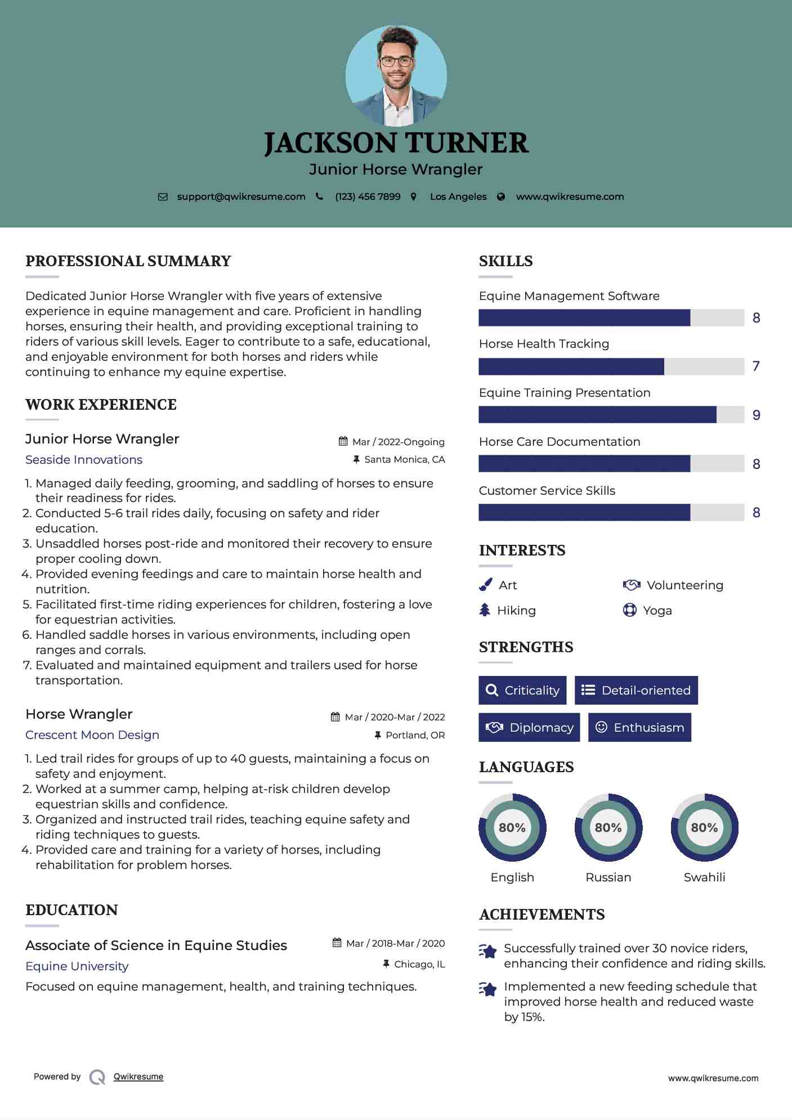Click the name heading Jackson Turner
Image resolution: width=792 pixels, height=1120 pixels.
coord(396,143)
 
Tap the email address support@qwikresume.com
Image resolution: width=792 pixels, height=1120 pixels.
coord(241,196)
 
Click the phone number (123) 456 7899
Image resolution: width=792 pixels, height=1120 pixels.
coord(368,196)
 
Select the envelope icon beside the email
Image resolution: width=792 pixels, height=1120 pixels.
coord(163,197)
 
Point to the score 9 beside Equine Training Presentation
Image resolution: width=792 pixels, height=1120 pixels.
coord(756,415)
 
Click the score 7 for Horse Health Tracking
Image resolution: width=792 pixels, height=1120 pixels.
coord(756,366)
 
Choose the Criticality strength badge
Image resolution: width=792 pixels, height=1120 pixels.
coord(522,690)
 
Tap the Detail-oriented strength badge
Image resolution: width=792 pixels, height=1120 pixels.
coord(636,690)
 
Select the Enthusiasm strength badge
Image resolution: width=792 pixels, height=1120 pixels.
coord(639,727)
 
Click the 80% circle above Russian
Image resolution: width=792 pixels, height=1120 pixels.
coord(608,827)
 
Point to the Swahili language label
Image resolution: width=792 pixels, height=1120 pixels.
coord(704,877)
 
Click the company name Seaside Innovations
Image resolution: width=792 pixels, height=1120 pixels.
coord(84,460)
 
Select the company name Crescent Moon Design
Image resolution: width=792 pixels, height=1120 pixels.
coord(92,735)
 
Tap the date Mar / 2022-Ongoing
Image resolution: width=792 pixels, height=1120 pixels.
coord(398,442)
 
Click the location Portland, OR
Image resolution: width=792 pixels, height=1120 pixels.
coord(415,735)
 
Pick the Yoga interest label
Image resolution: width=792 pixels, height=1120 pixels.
coord(657,611)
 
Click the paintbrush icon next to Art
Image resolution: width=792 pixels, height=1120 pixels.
coord(485,585)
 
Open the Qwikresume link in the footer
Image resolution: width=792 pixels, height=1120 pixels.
coord(138,1077)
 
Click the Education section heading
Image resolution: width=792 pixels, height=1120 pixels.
coord(71,910)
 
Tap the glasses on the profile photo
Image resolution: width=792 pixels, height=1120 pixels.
coord(396,61)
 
